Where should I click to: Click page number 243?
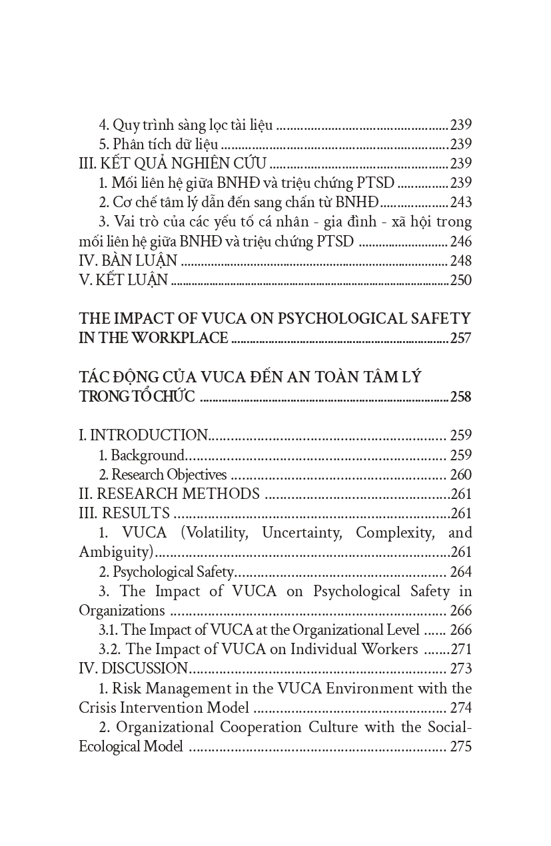pyautogui.click(x=460, y=202)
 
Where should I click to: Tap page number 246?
pyautogui.click(x=460, y=240)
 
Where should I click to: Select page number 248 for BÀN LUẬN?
pyautogui.click(x=460, y=260)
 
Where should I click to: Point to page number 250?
pyautogui.click(x=460, y=280)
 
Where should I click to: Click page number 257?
pyautogui.click(x=460, y=338)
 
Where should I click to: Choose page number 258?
pyautogui.click(x=460, y=397)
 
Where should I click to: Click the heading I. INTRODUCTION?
pyautogui.click(x=143, y=436)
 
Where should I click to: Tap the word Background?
pyautogui.click(x=147, y=456)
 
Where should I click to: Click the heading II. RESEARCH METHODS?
pyautogui.click(x=169, y=494)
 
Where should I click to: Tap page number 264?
pyautogui.click(x=460, y=572)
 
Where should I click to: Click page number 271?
pyautogui.click(x=460, y=649)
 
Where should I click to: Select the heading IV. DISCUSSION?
pyautogui.click(x=134, y=669)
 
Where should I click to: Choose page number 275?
pyautogui.click(x=460, y=746)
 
